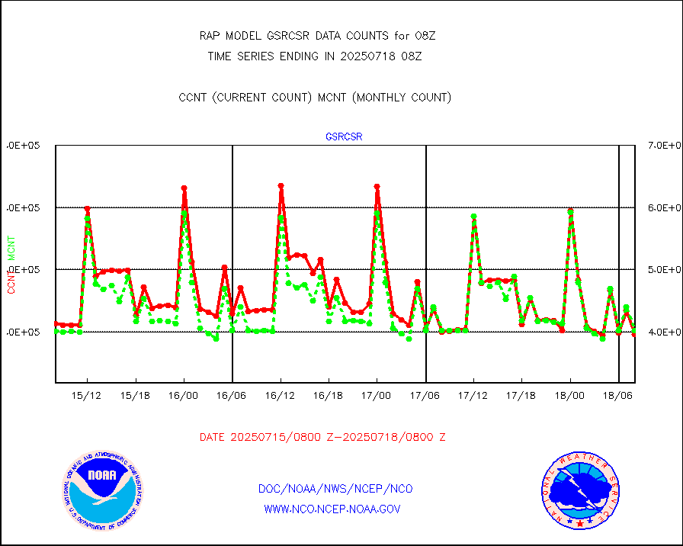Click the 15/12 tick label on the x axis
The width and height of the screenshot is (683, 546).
click(x=87, y=396)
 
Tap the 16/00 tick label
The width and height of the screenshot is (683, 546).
click(x=184, y=396)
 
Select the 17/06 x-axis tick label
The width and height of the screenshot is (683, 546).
click(x=425, y=396)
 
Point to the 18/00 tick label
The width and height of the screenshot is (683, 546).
click(x=570, y=396)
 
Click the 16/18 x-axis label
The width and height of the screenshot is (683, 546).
click(x=329, y=396)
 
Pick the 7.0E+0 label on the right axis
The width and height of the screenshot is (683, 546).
click(x=663, y=145)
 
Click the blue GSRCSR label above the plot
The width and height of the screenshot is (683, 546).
click(x=344, y=137)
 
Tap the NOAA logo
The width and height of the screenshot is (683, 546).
click(x=101, y=489)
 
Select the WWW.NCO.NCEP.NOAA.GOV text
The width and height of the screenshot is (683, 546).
click(x=332, y=509)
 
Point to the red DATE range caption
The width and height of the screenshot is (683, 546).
click(x=322, y=438)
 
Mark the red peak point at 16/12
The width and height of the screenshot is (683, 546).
click(x=281, y=185)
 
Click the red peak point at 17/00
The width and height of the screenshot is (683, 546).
click(x=377, y=186)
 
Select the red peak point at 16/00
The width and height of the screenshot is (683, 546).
click(x=184, y=188)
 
